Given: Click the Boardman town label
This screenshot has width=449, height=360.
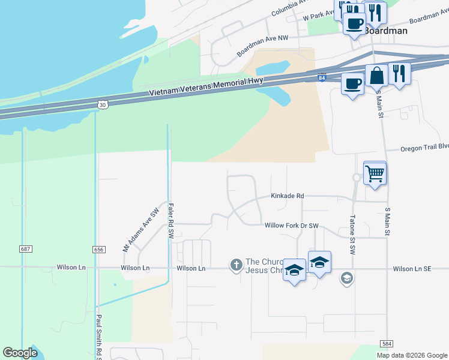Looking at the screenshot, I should coord(385,31).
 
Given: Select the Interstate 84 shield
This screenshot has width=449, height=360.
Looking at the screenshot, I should coord(322,78).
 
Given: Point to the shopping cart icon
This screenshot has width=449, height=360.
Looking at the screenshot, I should coord(375,173).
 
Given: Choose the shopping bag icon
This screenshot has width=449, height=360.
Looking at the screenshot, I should coord(377,76).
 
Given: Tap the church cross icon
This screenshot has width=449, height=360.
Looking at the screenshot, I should coord(236,264).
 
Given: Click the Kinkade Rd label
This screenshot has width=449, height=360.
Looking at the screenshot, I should coord(287,196).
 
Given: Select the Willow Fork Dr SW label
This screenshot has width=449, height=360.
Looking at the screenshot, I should coord(291,226).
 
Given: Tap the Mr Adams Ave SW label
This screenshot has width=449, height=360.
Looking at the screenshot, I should coord(141,230).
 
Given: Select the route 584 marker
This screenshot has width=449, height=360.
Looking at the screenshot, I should coord(387,343).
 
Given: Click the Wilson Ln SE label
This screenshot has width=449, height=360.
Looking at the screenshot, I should coord(412,269).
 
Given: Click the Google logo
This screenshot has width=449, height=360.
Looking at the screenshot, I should coord(20,353).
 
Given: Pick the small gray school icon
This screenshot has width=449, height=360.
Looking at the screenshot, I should coord(346,278).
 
